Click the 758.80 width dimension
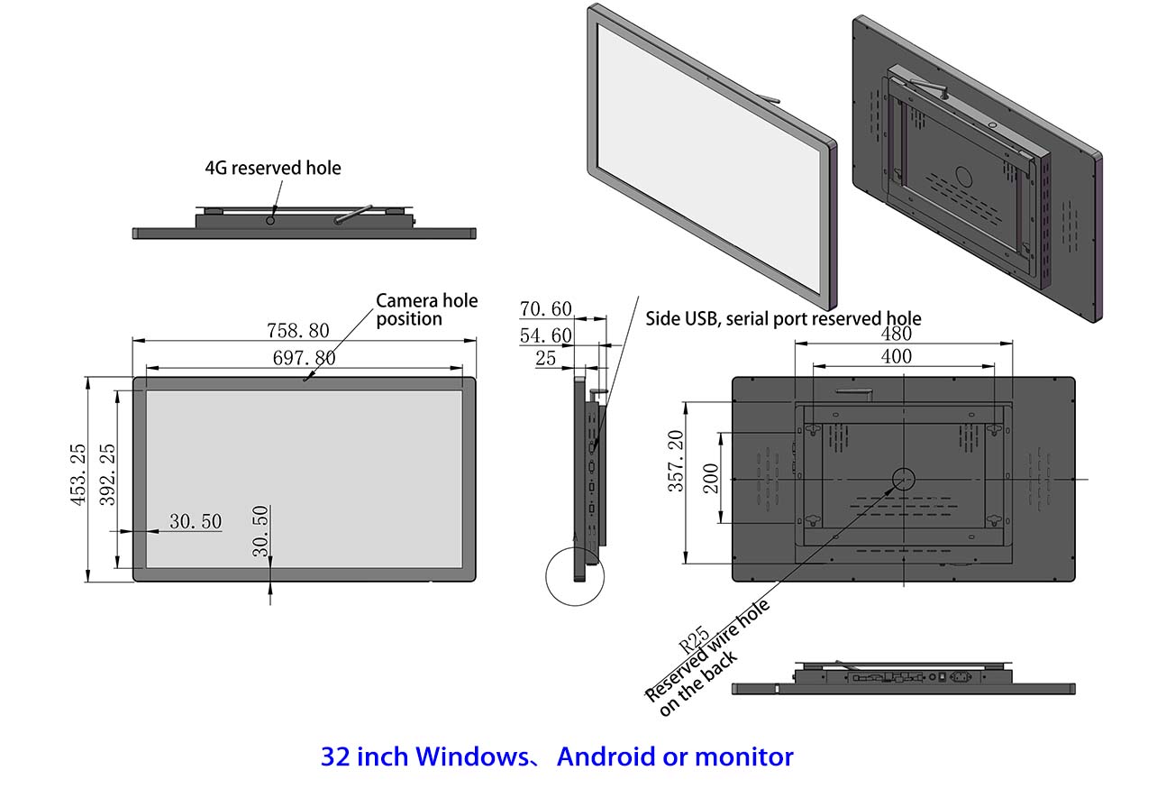(297, 330)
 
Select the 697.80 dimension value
(304, 358)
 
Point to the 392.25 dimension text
(106, 474)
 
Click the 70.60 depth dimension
(545, 309)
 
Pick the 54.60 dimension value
(545, 335)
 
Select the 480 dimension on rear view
(896, 334)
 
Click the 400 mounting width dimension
(896, 356)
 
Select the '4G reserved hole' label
(273, 168)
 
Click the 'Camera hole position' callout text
(426, 309)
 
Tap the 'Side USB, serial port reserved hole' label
(783, 318)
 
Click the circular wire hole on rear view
(903, 479)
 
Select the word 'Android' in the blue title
(605, 757)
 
